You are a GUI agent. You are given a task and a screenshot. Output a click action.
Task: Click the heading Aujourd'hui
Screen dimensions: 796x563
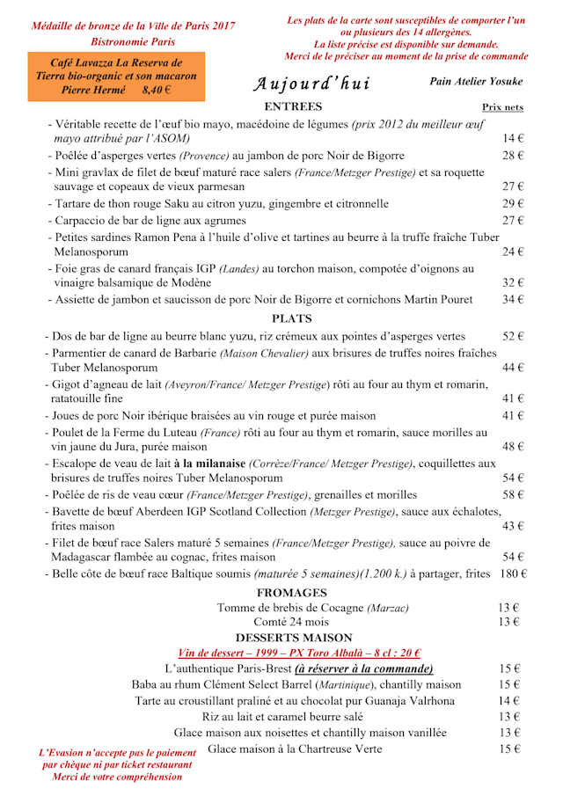(312, 84)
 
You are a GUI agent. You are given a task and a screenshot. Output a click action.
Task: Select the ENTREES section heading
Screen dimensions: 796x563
(293, 107)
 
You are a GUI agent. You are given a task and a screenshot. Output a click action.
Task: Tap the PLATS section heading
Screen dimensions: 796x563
(292, 318)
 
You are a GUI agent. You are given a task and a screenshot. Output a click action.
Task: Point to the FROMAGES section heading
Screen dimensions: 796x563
(292, 593)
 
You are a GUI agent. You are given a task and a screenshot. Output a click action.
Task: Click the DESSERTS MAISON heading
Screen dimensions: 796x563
(294, 637)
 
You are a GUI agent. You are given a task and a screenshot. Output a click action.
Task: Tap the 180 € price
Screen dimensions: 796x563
(512, 574)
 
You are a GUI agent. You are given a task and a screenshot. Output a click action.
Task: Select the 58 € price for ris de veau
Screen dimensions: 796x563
(513, 495)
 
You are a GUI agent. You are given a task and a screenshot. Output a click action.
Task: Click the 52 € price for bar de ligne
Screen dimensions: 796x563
(513, 336)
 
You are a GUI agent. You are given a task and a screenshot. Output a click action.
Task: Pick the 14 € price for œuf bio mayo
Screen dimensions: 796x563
(513, 139)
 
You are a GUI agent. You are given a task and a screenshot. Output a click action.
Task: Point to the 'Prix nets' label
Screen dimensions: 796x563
(503, 107)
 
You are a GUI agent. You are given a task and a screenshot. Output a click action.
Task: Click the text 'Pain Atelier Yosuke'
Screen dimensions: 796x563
(476, 81)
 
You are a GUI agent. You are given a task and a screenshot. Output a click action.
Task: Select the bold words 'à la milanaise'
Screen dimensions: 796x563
(209, 464)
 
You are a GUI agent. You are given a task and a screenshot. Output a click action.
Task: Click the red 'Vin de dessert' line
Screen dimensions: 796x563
(299, 653)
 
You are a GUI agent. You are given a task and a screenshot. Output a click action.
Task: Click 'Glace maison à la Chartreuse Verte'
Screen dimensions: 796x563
(295, 749)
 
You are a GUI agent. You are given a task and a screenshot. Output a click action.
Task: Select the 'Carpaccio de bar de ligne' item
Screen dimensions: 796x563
(147, 220)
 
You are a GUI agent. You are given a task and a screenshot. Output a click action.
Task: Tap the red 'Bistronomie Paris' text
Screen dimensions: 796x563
(133, 41)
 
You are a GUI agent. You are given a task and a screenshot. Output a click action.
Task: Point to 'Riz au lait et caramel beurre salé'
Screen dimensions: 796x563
(295, 717)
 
